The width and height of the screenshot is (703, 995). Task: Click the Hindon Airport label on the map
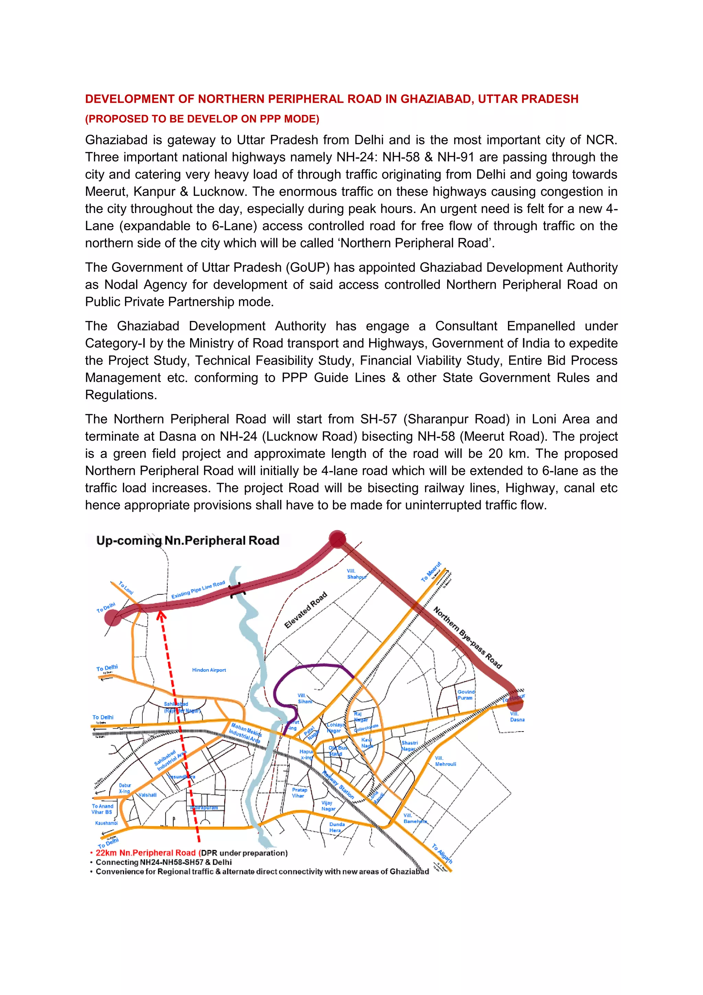coord(209,670)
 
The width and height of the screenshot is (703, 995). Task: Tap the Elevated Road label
coord(305,610)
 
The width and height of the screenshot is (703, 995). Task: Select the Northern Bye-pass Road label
coord(468,637)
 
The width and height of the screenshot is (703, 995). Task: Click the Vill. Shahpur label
coord(356,574)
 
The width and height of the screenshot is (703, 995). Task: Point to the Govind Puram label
coord(466,695)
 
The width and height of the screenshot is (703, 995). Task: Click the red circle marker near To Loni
coord(113,617)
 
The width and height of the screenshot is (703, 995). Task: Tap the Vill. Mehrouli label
coord(445,761)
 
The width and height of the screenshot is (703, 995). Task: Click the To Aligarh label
coord(442,853)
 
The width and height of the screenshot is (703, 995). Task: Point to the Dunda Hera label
coord(337,827)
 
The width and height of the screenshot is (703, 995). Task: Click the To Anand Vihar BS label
coord(102,809)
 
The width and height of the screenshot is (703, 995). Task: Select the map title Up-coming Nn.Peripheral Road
coord(187,540)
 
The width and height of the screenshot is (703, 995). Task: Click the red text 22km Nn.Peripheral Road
coord(146,853)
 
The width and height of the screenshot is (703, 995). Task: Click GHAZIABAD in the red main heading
coord(436,99)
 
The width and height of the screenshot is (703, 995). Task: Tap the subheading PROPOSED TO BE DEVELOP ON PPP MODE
coord(202,119)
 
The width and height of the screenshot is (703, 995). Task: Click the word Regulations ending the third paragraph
coord(120,395)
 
